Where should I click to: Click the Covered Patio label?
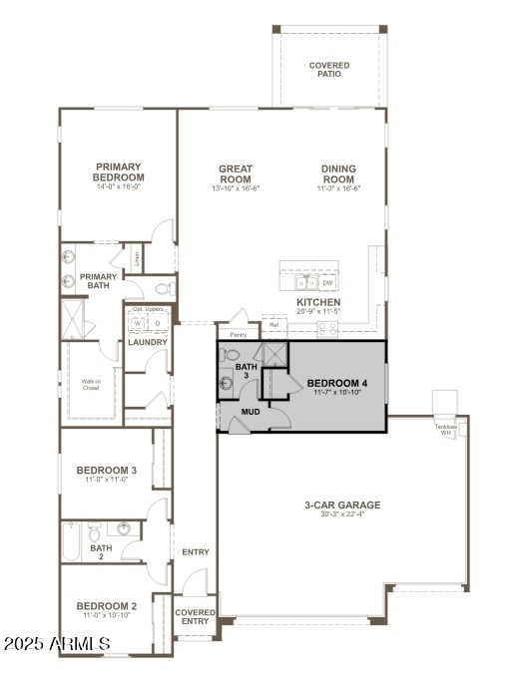point(329,70)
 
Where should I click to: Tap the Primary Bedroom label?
point(119,172)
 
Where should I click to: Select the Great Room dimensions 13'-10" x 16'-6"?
point(236,188)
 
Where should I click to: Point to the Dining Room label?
point(338,173)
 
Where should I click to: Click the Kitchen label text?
point(318,302)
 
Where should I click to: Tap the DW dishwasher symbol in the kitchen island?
point(327,283)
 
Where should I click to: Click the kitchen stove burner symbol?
point(326,328)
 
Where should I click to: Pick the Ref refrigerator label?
point(273,325)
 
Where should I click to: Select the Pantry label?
point(238,335)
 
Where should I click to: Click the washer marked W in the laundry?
point(137,324)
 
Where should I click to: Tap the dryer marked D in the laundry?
point(157,324)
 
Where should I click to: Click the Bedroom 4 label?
point(336,383)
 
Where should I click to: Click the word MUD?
point(252,410)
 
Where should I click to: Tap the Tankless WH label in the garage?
point(444,430)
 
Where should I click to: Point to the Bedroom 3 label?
point(106,470)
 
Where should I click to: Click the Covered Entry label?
point(195,616)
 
